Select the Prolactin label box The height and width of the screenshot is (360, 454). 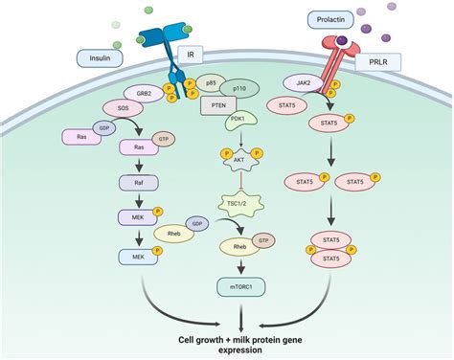(329, 18)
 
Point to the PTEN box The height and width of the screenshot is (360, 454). (219, 106)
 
